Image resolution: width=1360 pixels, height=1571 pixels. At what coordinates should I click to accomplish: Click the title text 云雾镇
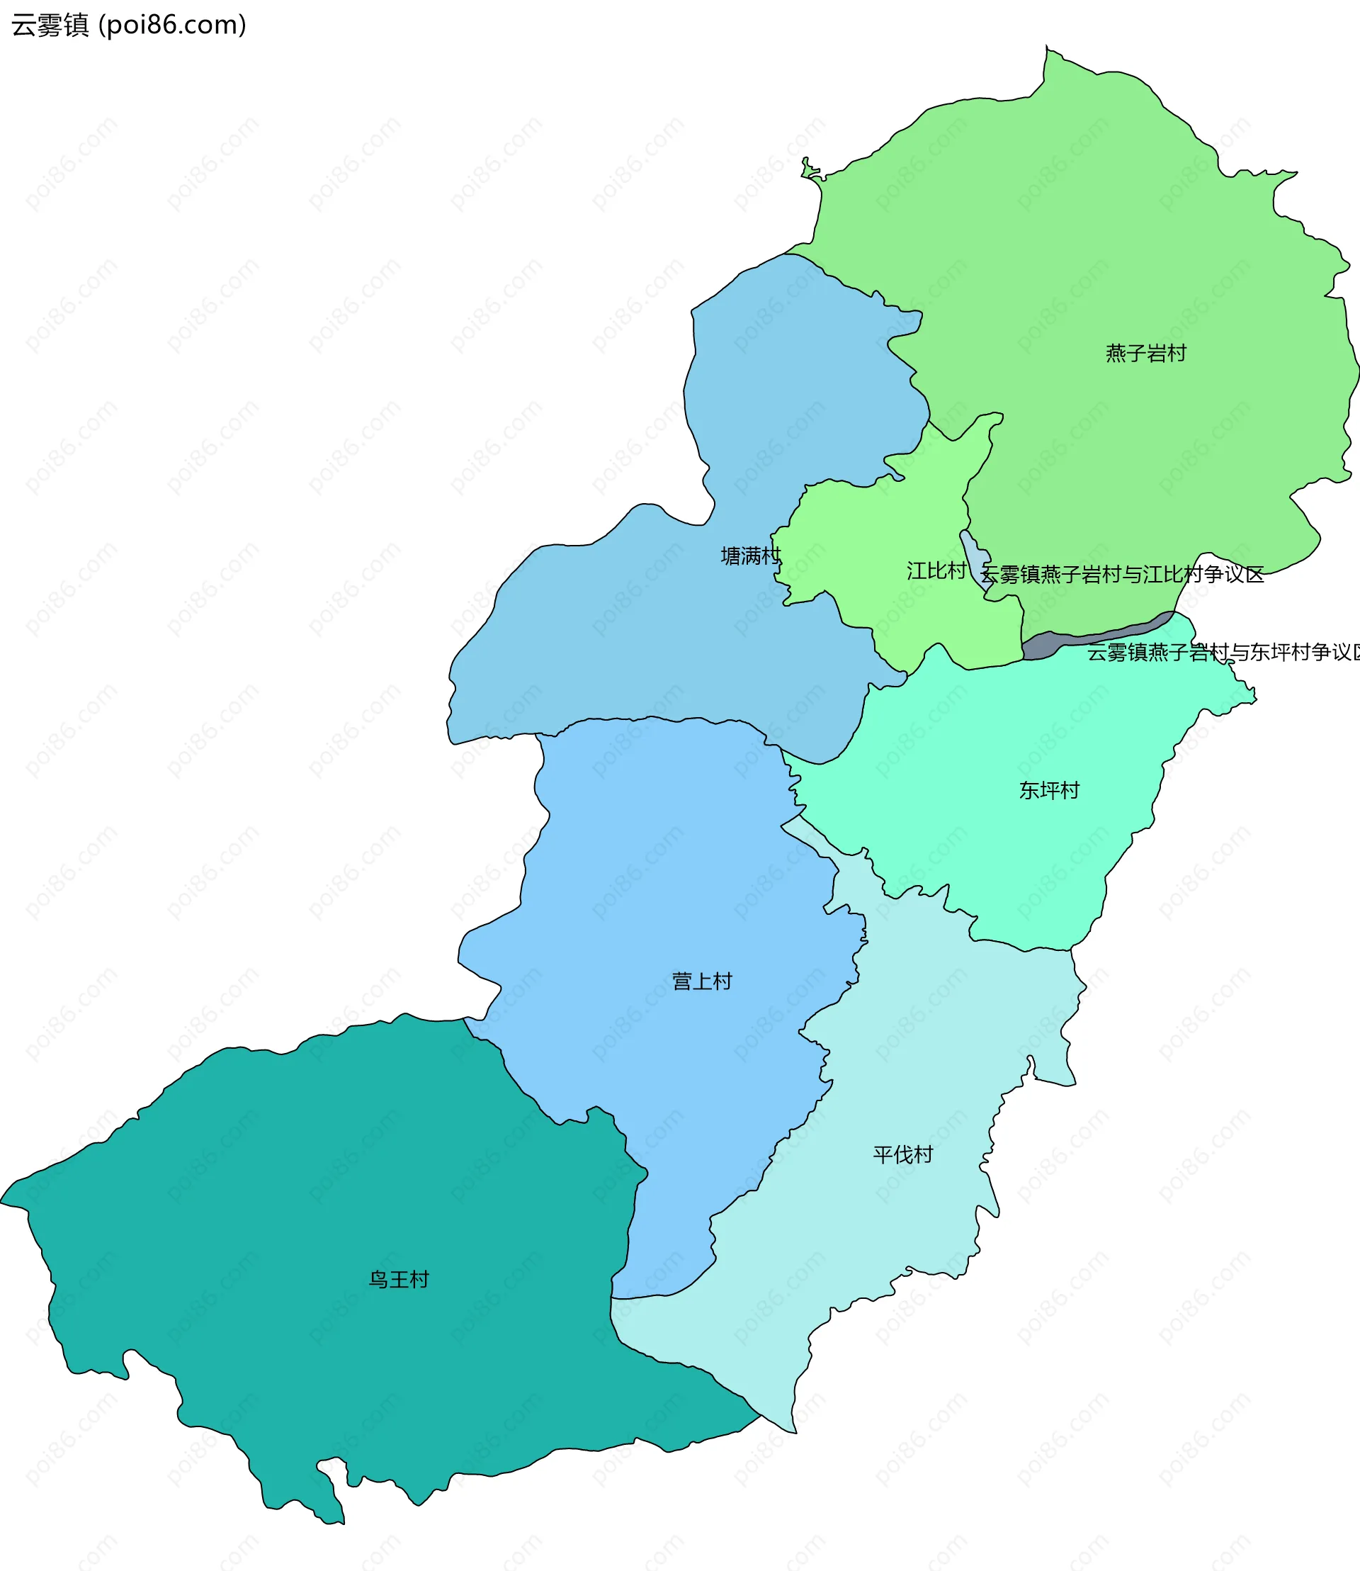50,26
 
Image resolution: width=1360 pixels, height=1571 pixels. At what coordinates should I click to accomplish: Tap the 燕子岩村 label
1145,354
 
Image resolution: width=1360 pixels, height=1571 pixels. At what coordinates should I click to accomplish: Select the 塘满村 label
750,556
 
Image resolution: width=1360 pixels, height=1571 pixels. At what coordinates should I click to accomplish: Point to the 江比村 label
936,571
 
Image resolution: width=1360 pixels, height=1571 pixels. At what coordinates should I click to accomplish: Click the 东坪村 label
1049,790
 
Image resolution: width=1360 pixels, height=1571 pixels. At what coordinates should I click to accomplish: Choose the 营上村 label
702,981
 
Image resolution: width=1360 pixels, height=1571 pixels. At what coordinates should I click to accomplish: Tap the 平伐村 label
902,1155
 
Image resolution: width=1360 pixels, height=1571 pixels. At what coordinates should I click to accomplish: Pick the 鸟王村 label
398,1280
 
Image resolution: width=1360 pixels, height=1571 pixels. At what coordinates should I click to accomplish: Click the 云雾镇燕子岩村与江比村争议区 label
1122,575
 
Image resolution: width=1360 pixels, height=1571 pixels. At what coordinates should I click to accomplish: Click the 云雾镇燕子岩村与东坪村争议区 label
1222,652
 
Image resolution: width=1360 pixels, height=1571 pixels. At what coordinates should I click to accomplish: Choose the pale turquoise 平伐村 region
873,1253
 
